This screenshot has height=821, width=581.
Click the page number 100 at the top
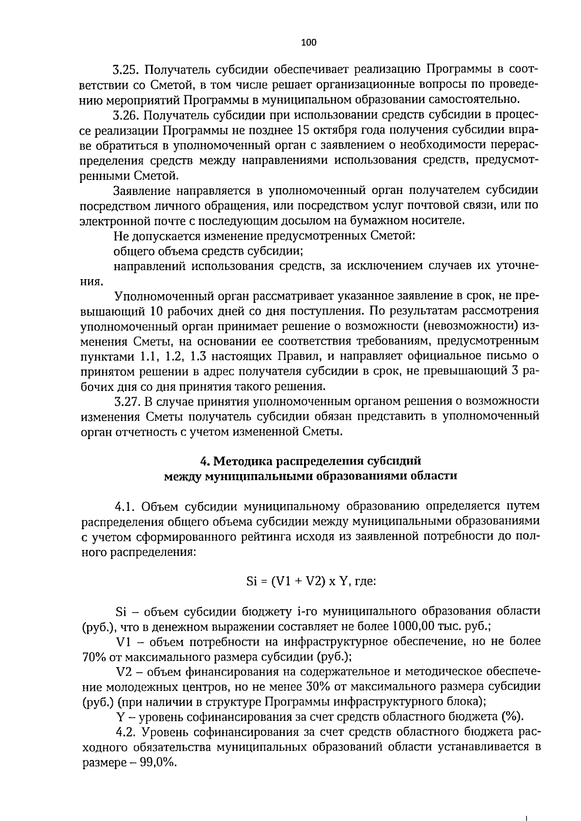(x=308, y=43)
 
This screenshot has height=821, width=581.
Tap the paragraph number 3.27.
(x=127, y=401)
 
